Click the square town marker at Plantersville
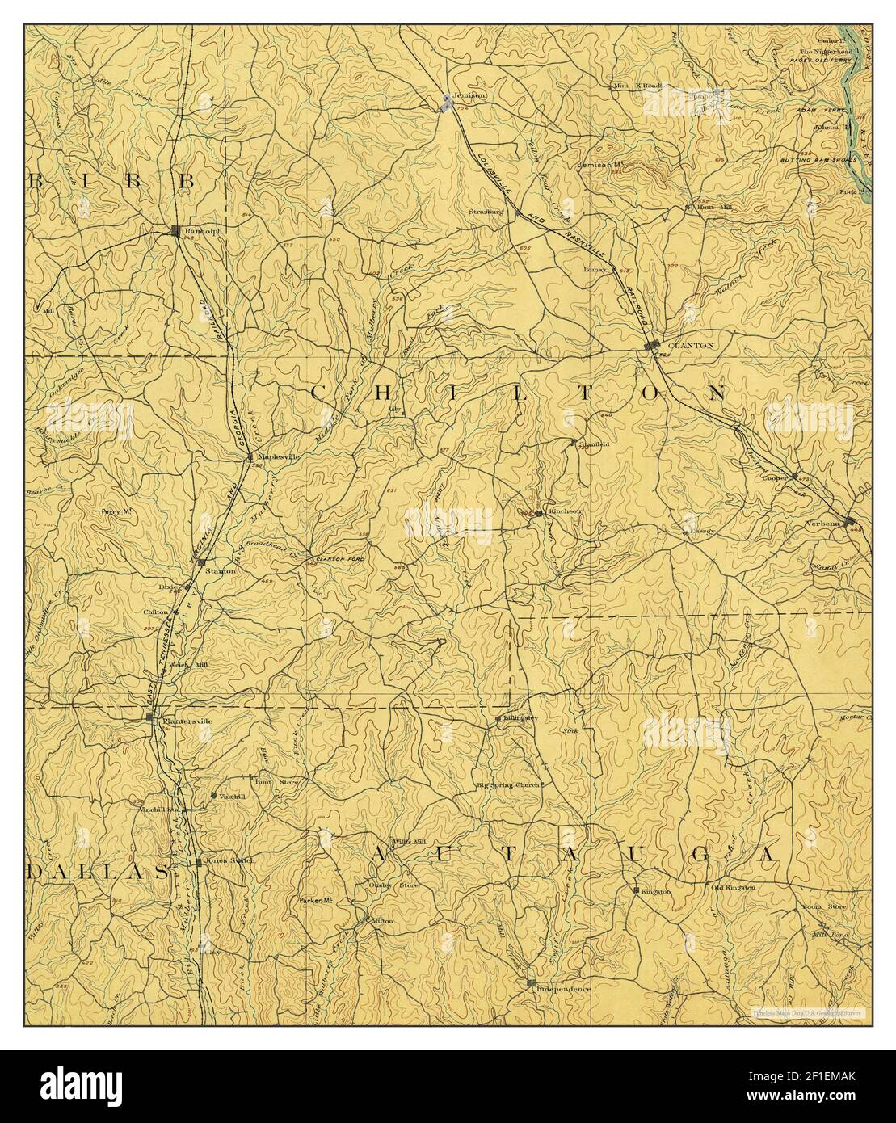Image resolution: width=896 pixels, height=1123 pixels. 149,717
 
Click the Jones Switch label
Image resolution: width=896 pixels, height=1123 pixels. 230,860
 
